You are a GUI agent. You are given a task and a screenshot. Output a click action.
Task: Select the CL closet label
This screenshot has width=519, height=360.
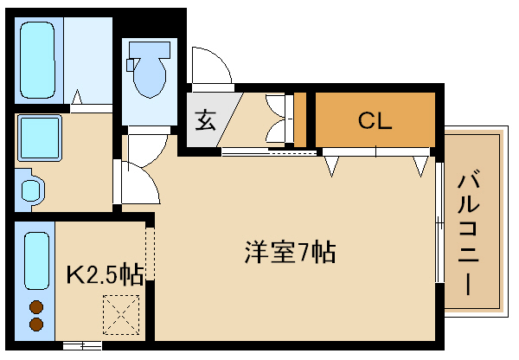375,120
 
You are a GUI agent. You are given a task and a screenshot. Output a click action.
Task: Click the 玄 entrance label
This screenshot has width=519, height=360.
204,120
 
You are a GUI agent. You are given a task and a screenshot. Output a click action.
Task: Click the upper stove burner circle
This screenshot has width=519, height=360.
36,305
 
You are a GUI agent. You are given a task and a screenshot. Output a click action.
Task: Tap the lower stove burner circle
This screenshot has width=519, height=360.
36,324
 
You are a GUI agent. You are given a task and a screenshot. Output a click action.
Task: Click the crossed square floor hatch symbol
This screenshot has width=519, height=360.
121,313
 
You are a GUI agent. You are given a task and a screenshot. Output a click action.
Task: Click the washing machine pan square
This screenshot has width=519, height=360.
39,138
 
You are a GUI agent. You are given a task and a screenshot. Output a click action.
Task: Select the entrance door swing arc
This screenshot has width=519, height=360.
212,67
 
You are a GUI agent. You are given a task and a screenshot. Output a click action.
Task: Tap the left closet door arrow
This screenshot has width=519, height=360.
331,163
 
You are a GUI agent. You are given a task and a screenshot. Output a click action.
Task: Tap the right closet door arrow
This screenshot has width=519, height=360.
420,163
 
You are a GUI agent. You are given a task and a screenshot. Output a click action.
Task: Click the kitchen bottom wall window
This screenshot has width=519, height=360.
83,345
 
